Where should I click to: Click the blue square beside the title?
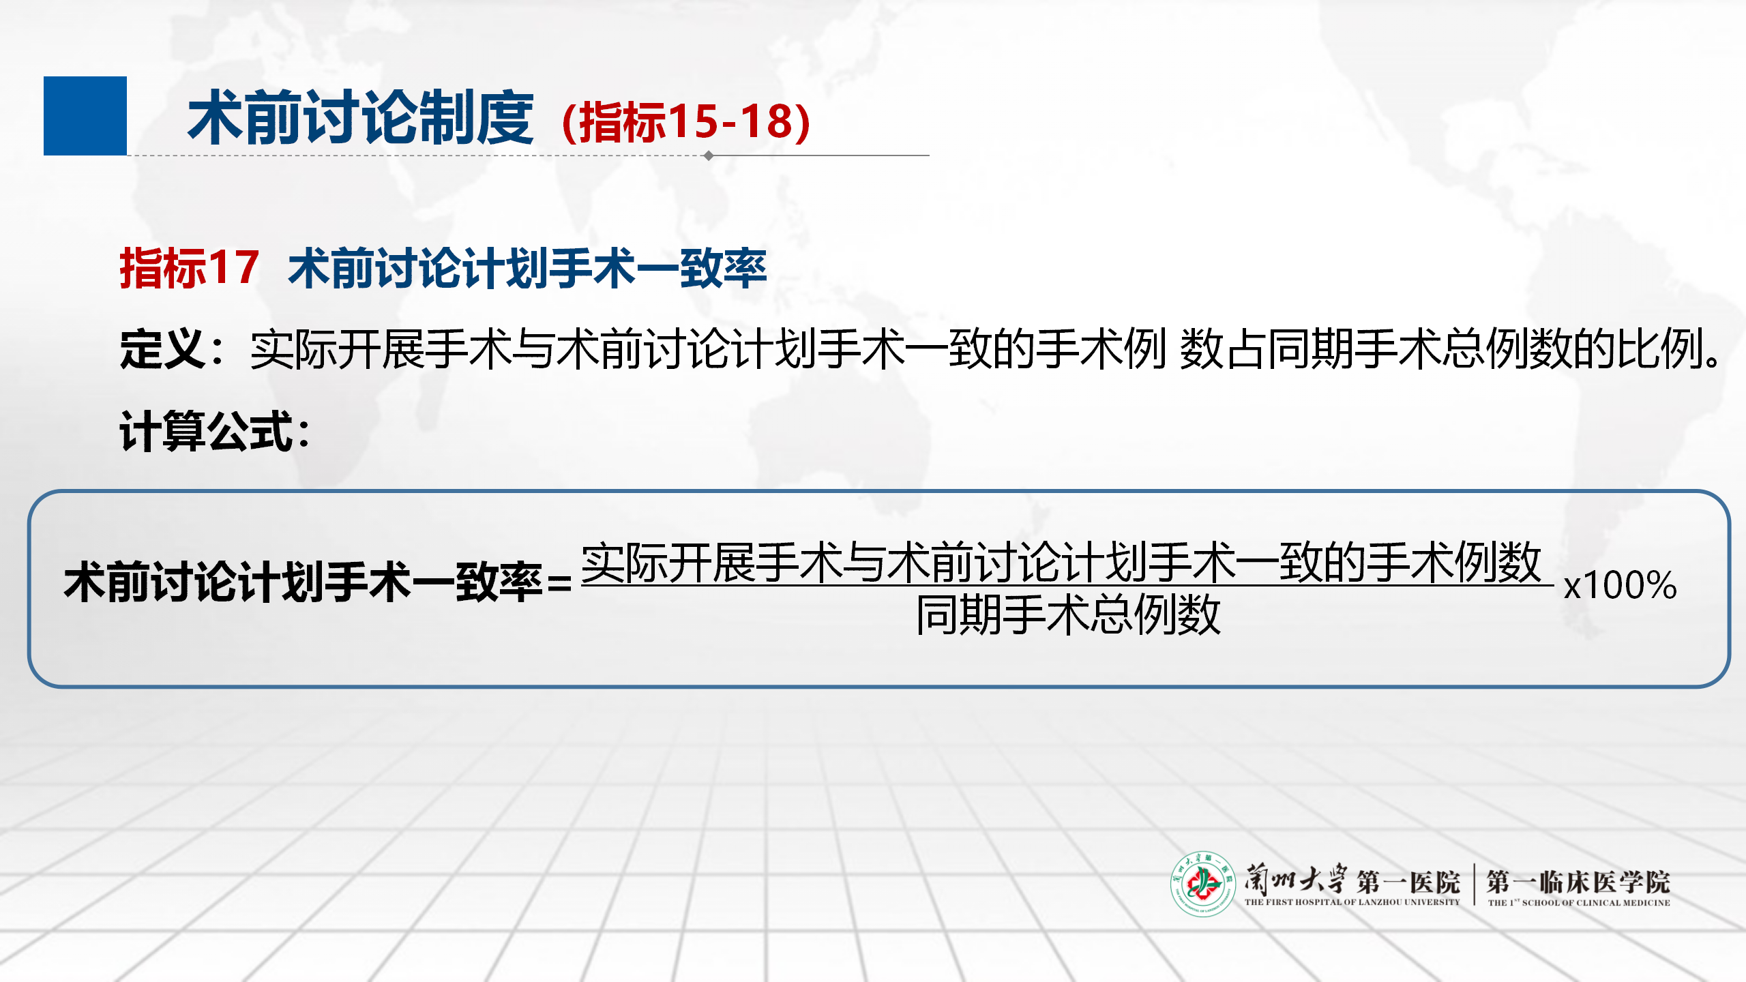click(85, 116)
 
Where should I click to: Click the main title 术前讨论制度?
click(360, 118)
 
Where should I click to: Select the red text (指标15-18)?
click(686, 122)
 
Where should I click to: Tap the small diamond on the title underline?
click(709, 155)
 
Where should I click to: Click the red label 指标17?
click(189, 268)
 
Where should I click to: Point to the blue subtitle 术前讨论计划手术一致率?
click(527, 268)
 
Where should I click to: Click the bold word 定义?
click(162, 348)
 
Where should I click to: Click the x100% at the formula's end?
click(1620, 585)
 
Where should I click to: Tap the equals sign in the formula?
click(559, 584)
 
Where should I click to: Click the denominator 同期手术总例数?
click(1068, 614)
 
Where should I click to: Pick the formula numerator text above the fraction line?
click(1061, 563)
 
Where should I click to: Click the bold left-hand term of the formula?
click(304, 582)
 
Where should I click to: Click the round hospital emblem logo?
click(1203, 884)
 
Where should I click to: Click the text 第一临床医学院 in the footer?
click(1578, 882)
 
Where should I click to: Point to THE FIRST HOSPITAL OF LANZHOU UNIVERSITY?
click(1352, 902)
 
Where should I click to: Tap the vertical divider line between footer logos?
click(1475, 884)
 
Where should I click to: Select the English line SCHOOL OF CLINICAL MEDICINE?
click(1596, 903)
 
